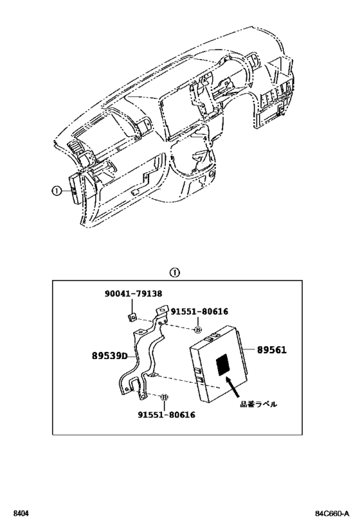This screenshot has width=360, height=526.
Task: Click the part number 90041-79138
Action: tap(133, 294)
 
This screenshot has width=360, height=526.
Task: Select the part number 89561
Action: tap(272, 350)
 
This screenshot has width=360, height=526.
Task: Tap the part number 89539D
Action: tap(110, 356)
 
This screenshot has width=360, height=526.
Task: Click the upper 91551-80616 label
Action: tap(199, 311)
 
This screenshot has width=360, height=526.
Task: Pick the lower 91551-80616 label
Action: tap(166, 415)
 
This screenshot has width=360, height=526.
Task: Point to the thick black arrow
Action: tap(233, 387)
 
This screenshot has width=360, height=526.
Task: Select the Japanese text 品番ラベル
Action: tap(258, 404)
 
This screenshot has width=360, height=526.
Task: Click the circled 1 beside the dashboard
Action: tap(56, 191)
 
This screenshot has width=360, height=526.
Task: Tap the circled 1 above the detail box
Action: tap(175, 273)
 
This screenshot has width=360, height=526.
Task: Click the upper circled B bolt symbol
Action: tap(198, 330)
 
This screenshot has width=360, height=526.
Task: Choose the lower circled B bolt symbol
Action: tap(165, 398)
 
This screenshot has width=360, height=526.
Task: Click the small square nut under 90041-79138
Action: tap(132, 317)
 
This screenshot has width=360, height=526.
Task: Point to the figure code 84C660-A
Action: tap(332, 514)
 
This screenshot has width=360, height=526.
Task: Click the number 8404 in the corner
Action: tap(21, 514)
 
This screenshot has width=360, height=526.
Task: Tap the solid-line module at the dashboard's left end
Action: tap(76, 189)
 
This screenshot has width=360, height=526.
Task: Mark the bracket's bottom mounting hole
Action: tap(143, 396)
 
